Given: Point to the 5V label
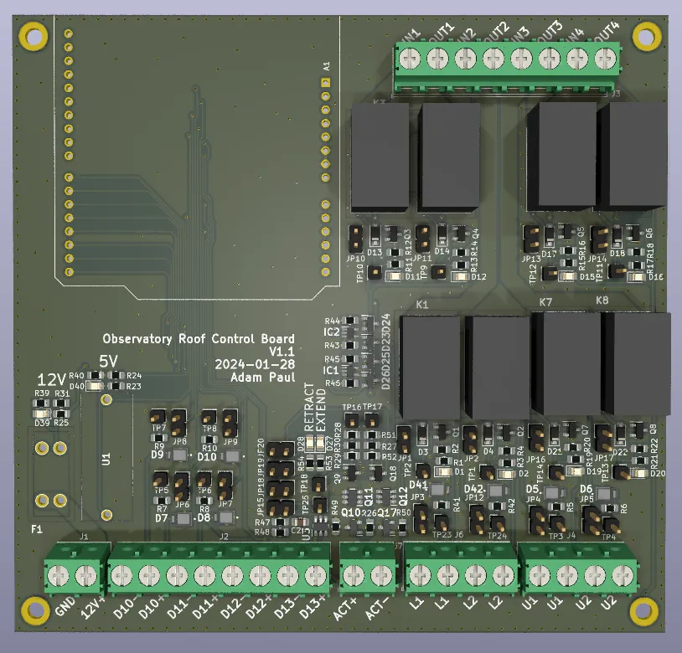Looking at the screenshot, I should pos(110,361).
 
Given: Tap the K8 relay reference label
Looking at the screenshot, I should pos(602,301).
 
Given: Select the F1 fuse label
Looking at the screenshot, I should pos(36,529).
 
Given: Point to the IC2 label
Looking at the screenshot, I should pos(331,332).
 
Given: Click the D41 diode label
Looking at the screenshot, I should pos(419,486).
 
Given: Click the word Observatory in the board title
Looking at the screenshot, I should pos(138,339).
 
